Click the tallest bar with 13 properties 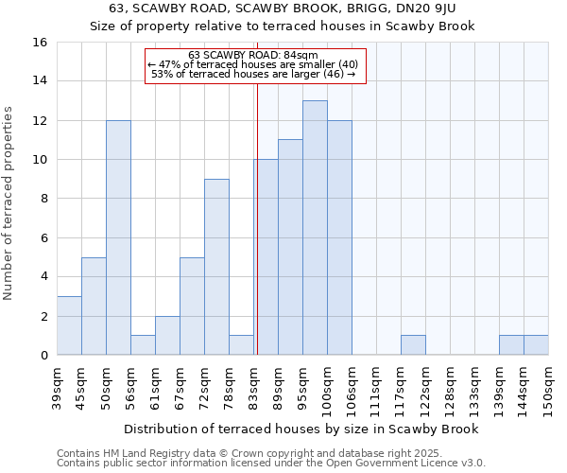click(315, 227)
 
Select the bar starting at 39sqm click(69, 325)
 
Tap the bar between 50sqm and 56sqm click(118, 237)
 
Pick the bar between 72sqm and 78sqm click(216, 267)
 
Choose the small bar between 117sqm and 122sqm click(413, 345)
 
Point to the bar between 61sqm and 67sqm click(167, 336)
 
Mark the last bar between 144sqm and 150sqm click(536, 345)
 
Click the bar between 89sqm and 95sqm click(290, 247)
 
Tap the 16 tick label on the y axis click(39, 43)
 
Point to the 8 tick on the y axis click(43, 199)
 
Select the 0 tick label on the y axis click(43, 356)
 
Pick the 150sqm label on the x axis click(549, 389)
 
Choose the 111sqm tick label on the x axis click(377, 389)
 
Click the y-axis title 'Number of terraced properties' click(9, 202)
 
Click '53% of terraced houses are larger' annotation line click(252, 74)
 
